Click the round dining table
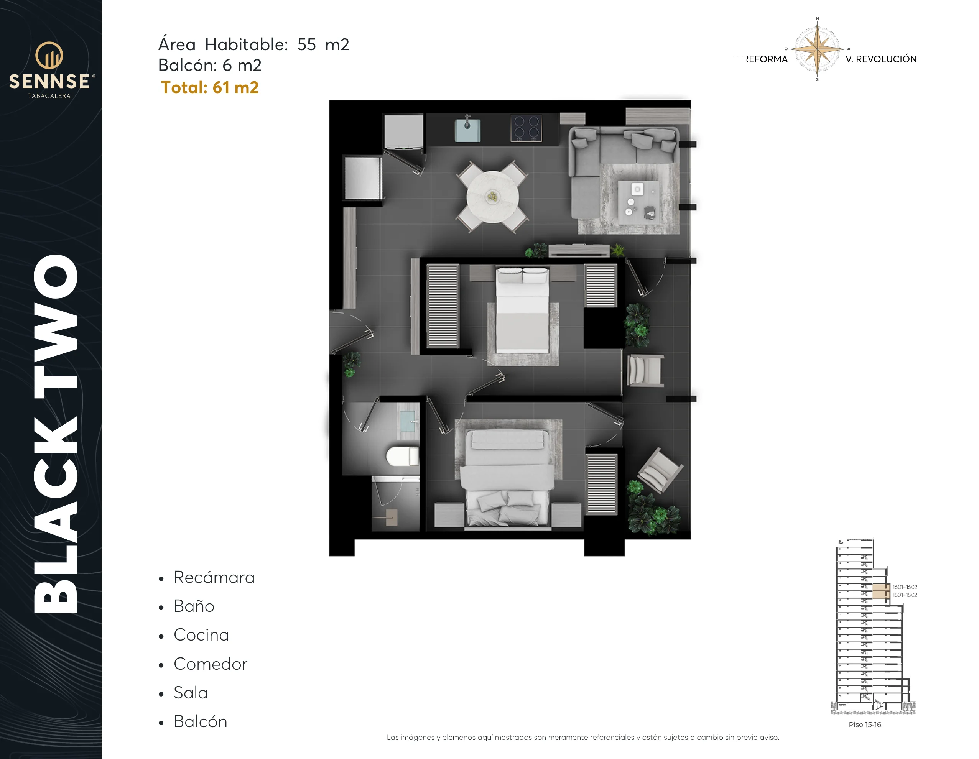492,197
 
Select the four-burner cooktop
526,128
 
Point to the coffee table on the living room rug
639,202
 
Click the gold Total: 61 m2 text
210,87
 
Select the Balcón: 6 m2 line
210,66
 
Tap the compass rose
817,49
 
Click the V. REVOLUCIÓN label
881,59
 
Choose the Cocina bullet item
201,635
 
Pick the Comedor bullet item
210,664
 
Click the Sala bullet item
191,693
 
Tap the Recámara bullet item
214,578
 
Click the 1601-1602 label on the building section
905,587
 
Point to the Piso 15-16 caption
865,724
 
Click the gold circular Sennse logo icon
49,56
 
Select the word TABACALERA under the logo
49,96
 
